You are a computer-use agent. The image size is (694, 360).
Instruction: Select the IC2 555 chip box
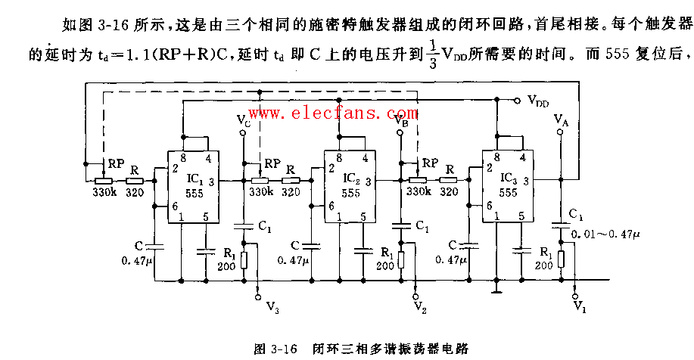coord(350,185)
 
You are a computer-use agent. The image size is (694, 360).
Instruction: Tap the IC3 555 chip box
coord(508,185)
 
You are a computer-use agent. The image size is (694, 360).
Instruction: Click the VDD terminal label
coord(539,100)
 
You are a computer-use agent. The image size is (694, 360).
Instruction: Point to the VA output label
coord(561,119)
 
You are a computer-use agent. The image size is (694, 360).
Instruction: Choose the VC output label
coord(243,119)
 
